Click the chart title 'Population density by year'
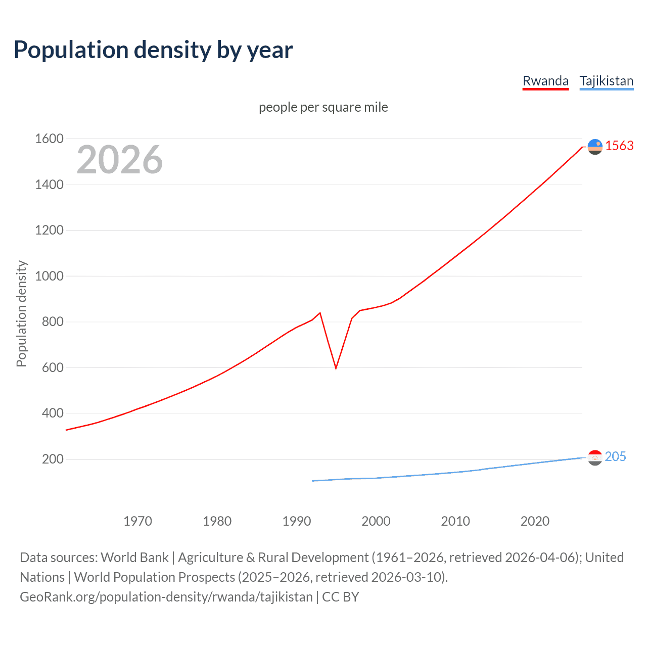pos(153,50)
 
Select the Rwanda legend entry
pos(545,81)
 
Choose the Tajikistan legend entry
pos(606,81)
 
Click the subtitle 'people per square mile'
pos(323,107)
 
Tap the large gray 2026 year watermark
pos(120,160)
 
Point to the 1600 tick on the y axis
pos(49,138)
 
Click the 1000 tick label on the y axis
pos(49,276)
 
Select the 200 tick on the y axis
pos(53,459)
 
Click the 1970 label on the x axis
pos(137,521)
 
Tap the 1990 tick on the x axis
pos(297,521)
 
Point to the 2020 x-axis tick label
pos(535,521)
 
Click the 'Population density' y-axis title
pos(21,313)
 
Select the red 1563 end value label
pos(619,146)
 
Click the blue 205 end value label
pos(615,456)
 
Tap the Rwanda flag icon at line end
pos(595,147)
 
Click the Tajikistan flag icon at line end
pos(595,457)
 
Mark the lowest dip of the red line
pos(336,368)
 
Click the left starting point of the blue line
pos(313,481)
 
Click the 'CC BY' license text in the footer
pos(340,597)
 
